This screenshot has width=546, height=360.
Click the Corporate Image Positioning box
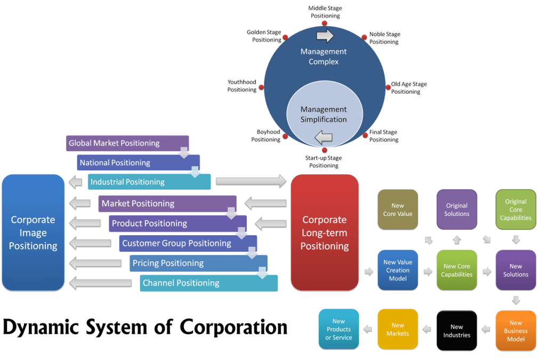[x=33, y=233]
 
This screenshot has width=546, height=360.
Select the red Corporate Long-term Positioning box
[x=324, y=233]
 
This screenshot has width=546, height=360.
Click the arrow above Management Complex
[x=325, y=36]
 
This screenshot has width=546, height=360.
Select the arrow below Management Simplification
[x=324, y=138]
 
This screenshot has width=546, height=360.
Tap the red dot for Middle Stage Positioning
[x=325, y=23]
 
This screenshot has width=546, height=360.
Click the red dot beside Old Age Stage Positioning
[x=388, y=87]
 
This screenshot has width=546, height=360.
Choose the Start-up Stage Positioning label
[x=324, y=162]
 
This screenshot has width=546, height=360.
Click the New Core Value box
[x=398, y=210]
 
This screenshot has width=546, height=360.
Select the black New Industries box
[x=456, y=331]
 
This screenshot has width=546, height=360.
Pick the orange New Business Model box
[x=516, y=331]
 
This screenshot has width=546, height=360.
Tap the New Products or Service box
[x=339, y=330]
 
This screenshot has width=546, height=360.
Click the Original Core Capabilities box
[x=516, y=210]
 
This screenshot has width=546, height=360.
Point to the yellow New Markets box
[x=398, y=330]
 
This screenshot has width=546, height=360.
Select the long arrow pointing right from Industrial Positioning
[x=251, y=181]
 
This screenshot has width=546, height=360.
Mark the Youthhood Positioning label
[x=242, y=86]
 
